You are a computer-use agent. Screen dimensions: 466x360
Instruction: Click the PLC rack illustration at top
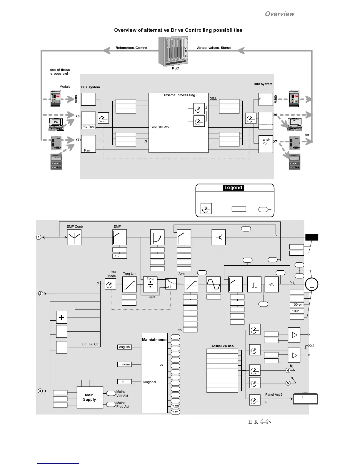click(173, 51)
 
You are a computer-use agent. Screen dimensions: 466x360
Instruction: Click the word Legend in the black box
click(233, 188)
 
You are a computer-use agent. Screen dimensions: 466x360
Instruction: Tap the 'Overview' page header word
click(279, 14)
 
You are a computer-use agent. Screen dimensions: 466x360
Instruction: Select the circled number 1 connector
click(39, 237)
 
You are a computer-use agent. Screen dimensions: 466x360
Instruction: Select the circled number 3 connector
click(40, 391)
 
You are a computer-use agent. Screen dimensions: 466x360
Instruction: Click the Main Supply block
click(90, 397)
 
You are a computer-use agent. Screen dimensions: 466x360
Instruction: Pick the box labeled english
click(124, 347)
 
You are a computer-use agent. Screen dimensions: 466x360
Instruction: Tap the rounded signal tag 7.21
click(175, 412)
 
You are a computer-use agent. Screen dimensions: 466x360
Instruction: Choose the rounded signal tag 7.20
click(175, 406)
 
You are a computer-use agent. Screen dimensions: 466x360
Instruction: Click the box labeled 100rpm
click(297, 304)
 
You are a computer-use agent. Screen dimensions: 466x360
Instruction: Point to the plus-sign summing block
click(62, 317)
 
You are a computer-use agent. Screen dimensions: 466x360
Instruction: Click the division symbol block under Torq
click(150, 285)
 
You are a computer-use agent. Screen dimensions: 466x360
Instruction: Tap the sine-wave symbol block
click(213, 284)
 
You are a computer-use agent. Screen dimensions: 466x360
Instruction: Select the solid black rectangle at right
click(312, 237)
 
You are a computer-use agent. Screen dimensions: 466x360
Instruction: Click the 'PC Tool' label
click(88, 127)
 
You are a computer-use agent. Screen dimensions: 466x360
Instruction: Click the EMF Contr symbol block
click(74, 237)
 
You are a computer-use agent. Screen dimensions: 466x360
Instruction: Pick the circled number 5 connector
click(288, 383)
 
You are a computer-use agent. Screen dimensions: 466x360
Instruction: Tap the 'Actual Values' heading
click(222, 346)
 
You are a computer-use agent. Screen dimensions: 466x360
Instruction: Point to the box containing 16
click(119, 256)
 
